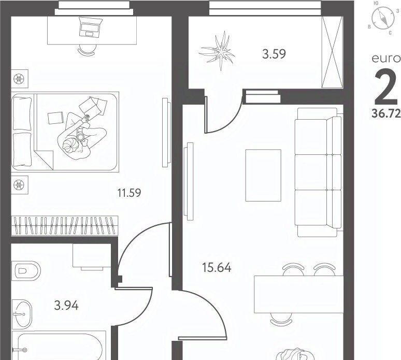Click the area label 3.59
(274, 54)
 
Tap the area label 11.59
(129, 193)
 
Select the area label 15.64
(217, 267)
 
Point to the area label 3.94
(66, 305)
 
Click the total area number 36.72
(386, 113)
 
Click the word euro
(386, 59)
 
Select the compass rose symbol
(382, 18)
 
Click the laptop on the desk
(89, 27)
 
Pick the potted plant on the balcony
(218, 51)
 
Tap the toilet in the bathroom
(27, 270)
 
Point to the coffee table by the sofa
(263, 176)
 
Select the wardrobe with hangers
(65, 226)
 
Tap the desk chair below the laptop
(88, 49)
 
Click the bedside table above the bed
(20, 79)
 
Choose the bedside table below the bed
(20, 184)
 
